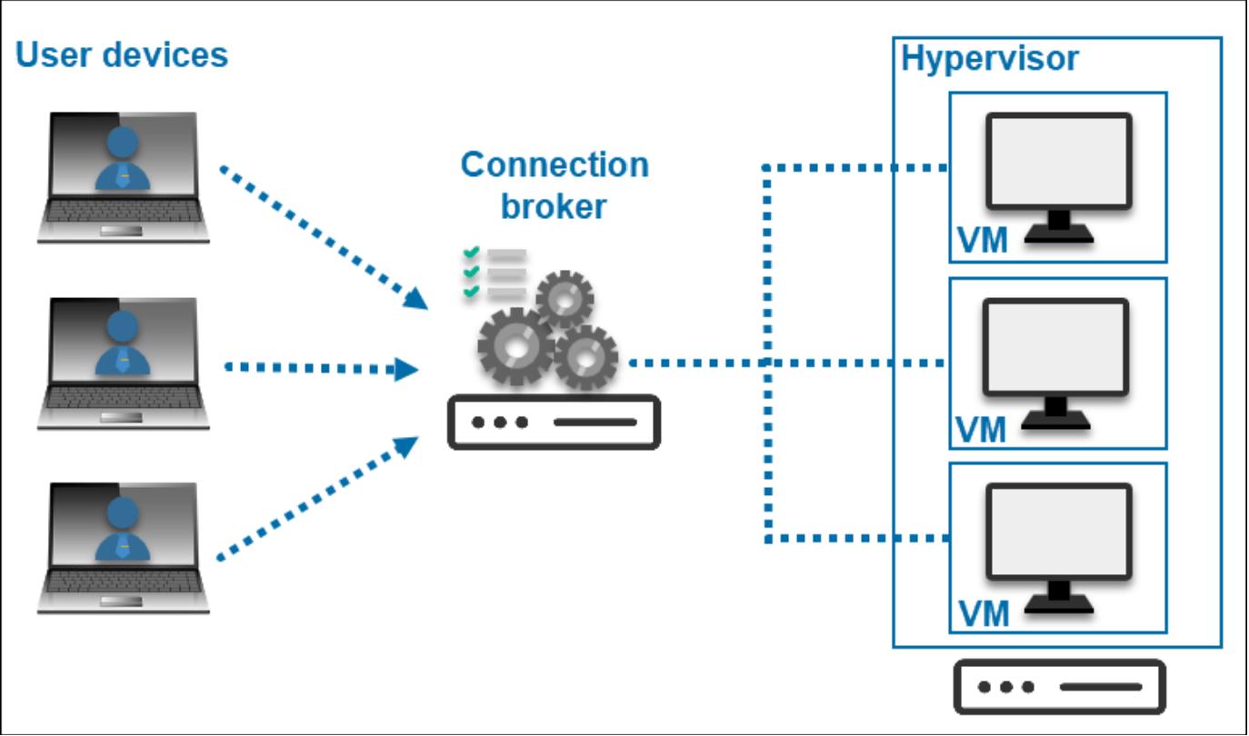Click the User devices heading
tap(122, 55)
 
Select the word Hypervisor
tap(990, 58)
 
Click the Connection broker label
tap(555, 185)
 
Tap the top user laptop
tap(124, 178)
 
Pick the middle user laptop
tap(124, 363)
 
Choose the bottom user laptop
tap(124, 548)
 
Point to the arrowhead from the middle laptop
tap(406, 369)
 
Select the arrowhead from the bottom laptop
tap(406, 445)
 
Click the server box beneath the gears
tap(554, 423)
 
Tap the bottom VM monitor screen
tap(1060, 532)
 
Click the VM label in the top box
tap(983, 242)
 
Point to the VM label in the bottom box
tap(984, 614)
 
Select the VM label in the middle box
tap(983, 429)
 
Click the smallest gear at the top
tap(565, 297)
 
